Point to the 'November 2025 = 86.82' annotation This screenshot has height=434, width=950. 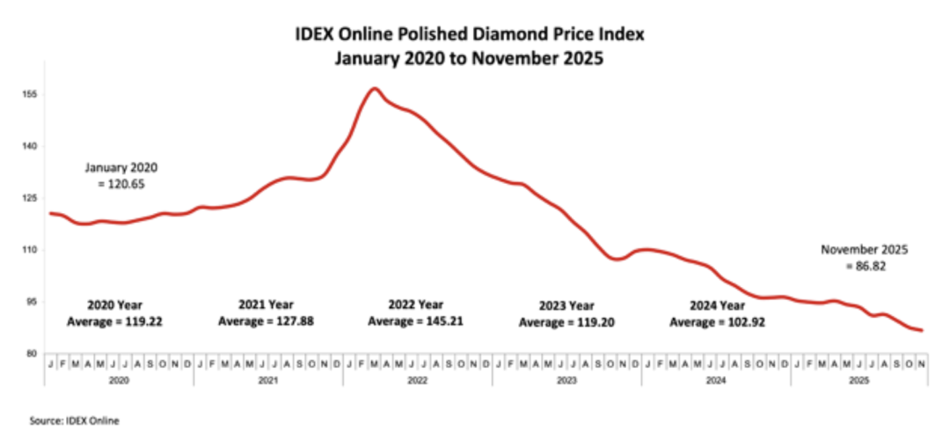point(864,256)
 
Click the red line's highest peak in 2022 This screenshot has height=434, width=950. point(375,88)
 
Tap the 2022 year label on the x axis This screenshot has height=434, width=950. point(418,380)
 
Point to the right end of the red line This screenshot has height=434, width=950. point(922,331)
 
